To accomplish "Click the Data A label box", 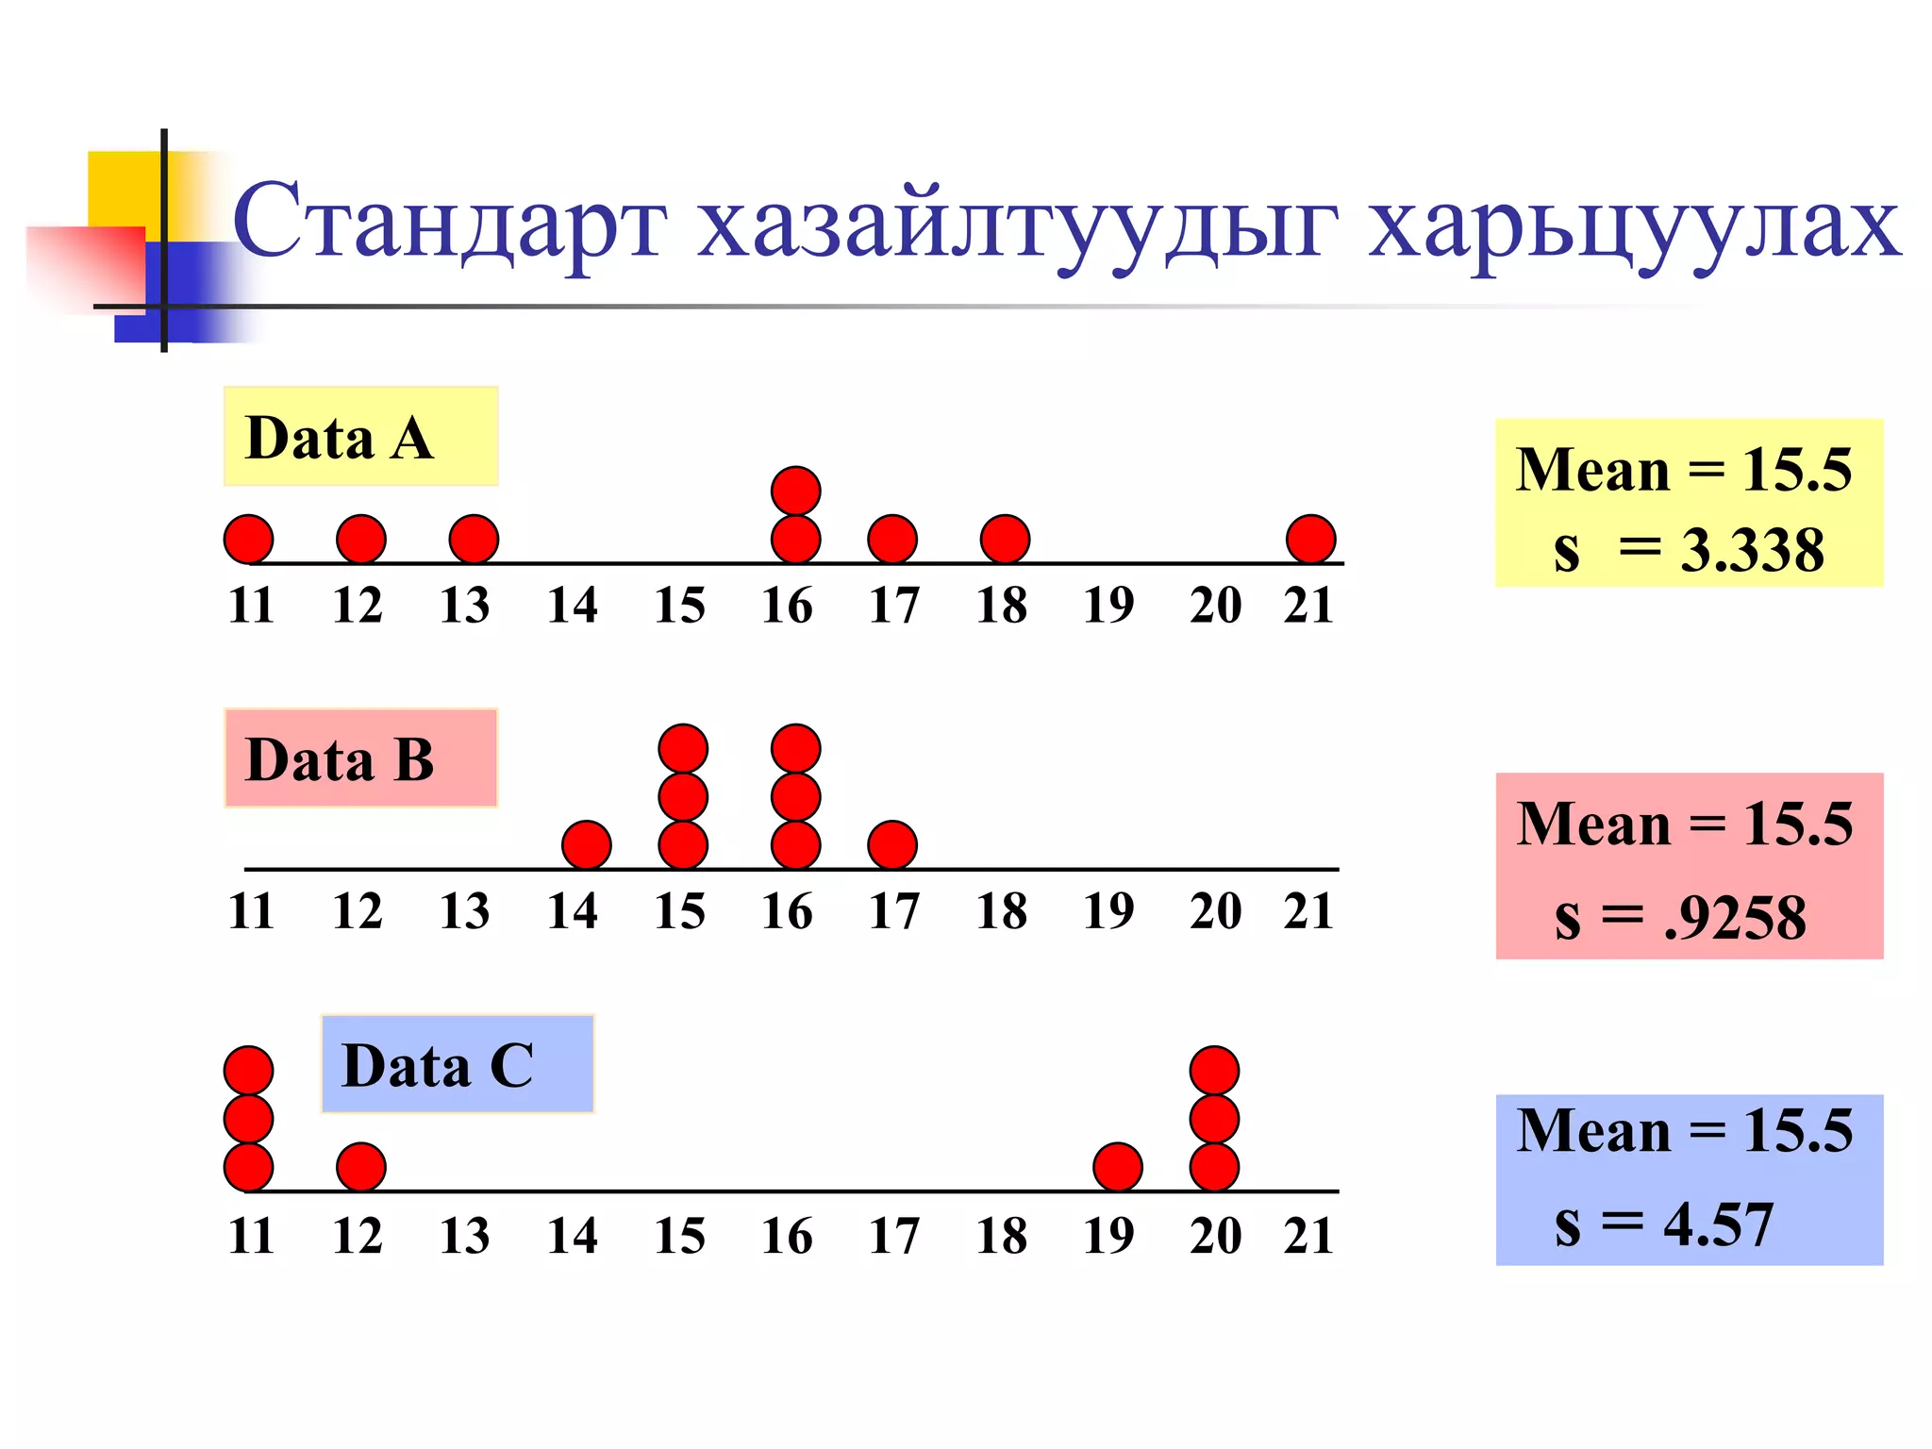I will click(x=360, y=436).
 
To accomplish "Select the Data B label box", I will click(x=360, y=758).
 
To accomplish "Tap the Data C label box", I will click(x=458, y=1064).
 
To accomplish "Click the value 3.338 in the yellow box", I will click(x=1752, y=550).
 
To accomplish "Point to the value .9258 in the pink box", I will click(x=1735, y=917).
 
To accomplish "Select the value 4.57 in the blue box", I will click(x=1718, y=1224).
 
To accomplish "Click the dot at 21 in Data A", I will click(x=1310, y=539).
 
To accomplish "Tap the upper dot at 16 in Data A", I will click(x=795, y=491).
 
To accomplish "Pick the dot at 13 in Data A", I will click(x=474, y=539).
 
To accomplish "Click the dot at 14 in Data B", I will click(x=586, y=844).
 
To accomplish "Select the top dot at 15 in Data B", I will click(x=683, y=748).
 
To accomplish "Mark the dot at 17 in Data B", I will click(x=891, y=844).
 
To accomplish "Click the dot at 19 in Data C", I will click(x=1118, y=1167).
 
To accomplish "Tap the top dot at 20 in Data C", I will click(x=1214, y=1071).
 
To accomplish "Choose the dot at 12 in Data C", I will click(x=361, y=1167).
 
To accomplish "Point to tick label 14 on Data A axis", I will click(x=573, y=605).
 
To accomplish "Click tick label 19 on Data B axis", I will click(x=1108, y=911).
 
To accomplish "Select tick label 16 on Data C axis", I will click(x=787, y=1236).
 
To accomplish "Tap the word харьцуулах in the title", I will click(x=1634, y=226).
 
